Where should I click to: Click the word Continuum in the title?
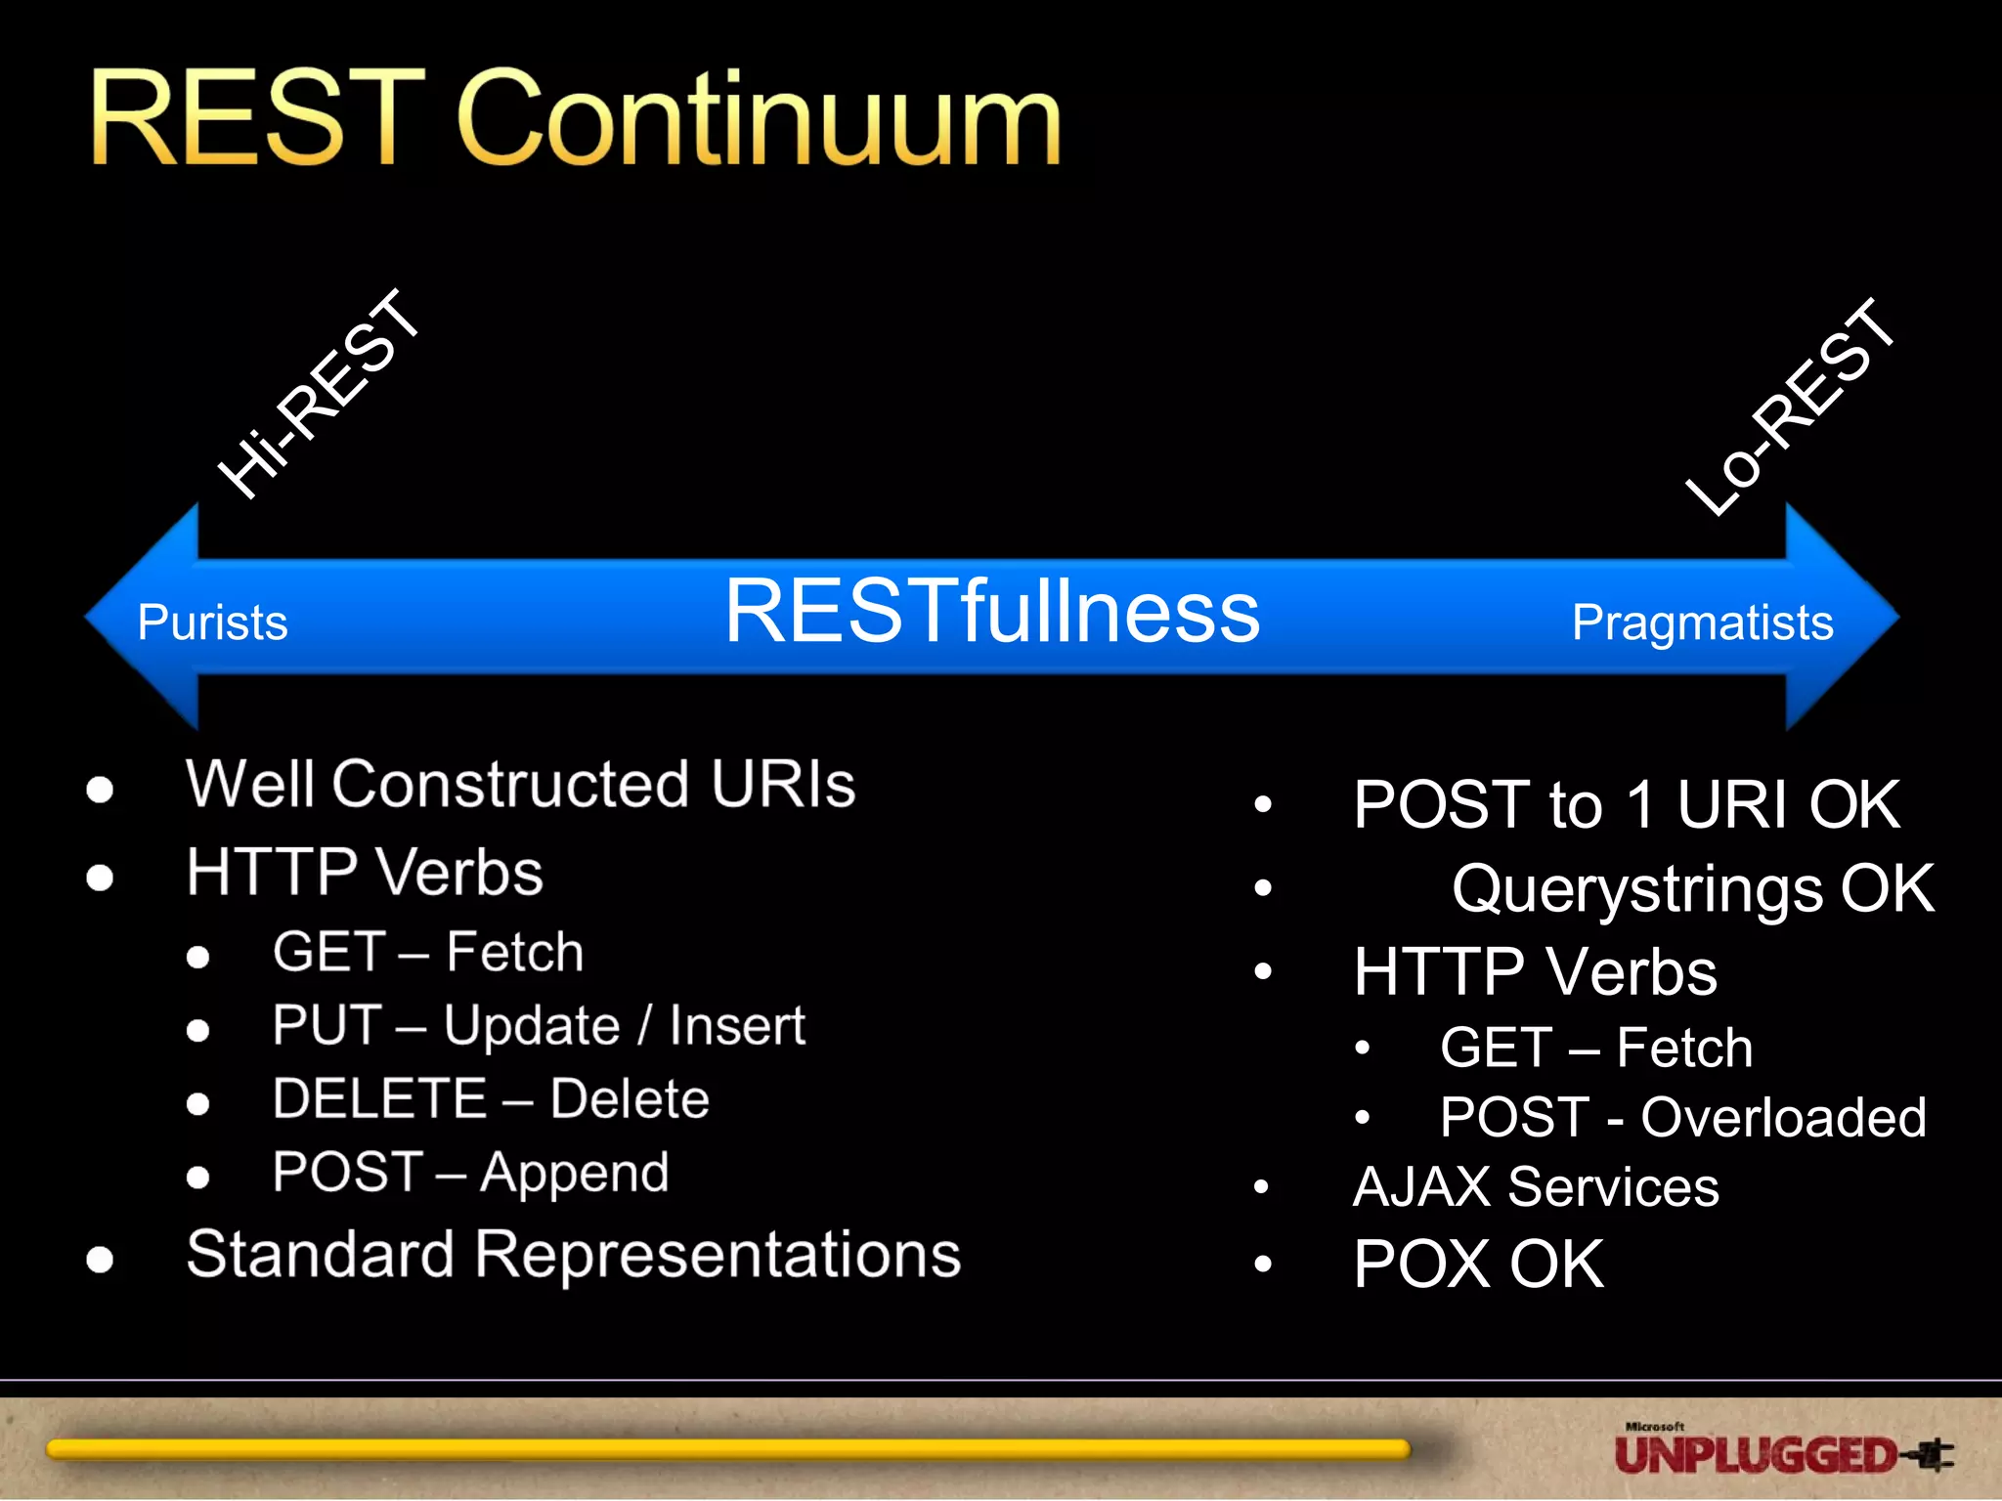[x=759, y=119]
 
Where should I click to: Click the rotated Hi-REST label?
[x=319, y=395]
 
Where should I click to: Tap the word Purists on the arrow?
[x=212, y=622]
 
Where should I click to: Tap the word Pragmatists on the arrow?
[x=1702, y=622]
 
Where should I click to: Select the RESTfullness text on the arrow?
[x=991, y=612]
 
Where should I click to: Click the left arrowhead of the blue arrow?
[x=142, y=618]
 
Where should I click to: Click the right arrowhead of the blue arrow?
[x=1843, y=618]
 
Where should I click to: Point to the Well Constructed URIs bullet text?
[x=520, y=784]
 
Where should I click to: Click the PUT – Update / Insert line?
[x=539, y=1026]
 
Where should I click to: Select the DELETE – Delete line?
[x=491, y=1098]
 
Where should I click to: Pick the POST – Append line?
[x=470, y=1173]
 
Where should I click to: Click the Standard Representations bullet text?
[x=573, y=1255]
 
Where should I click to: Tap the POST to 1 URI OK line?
[x=1627, y=805]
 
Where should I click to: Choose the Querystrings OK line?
[x=1692, y=889]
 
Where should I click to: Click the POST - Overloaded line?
[x=1682, y=1117]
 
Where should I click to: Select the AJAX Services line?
[x=1535, y=1187]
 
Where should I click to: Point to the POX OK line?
[x=1478, y=1265]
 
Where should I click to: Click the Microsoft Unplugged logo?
[x=1781, y=1451]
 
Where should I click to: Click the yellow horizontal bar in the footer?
[x=727, y=1449]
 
